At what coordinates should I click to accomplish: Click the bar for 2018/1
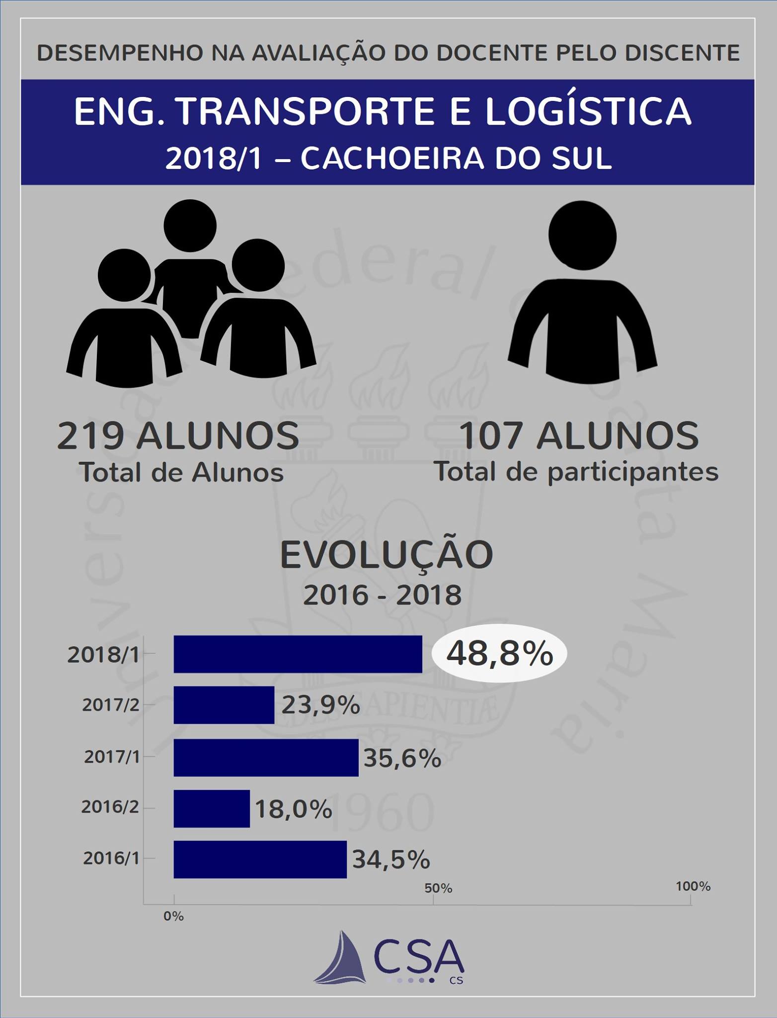pyautogui.click(x=298, y=654)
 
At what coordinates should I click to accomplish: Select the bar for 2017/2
pyautogui.click(x=224, y=705)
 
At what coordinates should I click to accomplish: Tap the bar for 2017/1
pyautogui.click(x=266, y=757)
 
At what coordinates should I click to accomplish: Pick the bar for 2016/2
pyautogui.click(x=212, y=809)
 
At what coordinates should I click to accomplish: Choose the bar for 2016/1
pyautogui.click(x=260, y=859)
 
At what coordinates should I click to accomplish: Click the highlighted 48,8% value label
pyautogui.click(x=499, y=653)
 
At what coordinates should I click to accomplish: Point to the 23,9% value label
pyautogui.click(x=320, y=705)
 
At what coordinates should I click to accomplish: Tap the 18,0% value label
pyautogui.click(x=293, y=809)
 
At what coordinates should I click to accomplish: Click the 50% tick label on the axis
pyautogui.click(x=438, y=888)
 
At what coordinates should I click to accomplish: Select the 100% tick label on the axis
pyautogui.click(x=693, y=886)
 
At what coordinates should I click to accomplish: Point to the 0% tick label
pyautogui.click(x=173, y=916)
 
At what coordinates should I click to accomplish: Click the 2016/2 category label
pyautogui.click(x=110, y=807)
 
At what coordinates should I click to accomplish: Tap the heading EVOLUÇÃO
pyautogui.click(x=387, y=555)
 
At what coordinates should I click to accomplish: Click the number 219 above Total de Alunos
pyautogui.click(x=90, y=436)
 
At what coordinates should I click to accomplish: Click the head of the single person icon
pyautogui.click(x=582, y=236)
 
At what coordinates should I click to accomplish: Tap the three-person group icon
pyautogui.click(x=191, y=293)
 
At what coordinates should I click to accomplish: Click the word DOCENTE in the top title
pyautogui.click(x=497, y=53)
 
